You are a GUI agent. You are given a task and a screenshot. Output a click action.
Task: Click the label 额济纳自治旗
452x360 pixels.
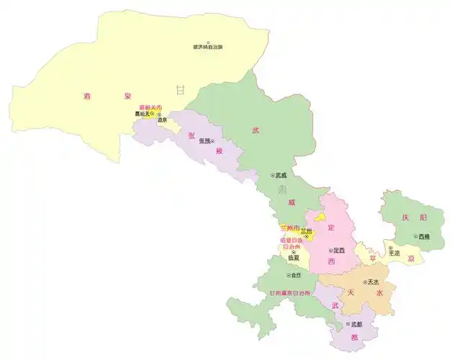(x=208, y=48)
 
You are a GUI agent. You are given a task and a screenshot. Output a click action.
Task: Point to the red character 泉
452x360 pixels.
(x=127, y=95)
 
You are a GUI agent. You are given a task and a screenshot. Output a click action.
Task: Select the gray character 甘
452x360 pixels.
(x=180, y=90)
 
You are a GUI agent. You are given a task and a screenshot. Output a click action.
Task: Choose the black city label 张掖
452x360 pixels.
(x=204, y=140)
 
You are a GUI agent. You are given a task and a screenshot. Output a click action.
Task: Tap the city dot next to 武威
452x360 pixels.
(x=274, y=174)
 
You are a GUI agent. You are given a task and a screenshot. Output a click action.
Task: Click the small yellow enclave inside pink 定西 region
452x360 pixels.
(x=321, y=216)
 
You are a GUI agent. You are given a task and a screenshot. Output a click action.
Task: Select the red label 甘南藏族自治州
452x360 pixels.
(x=290, y=293)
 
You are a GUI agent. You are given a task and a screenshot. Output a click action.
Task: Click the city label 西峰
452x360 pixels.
(x=423, y=236)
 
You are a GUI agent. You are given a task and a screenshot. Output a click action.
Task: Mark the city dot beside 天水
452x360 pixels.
(x=364, y=282)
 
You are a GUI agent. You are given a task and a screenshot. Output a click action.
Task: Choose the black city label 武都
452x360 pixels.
(x=352, y=325)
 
